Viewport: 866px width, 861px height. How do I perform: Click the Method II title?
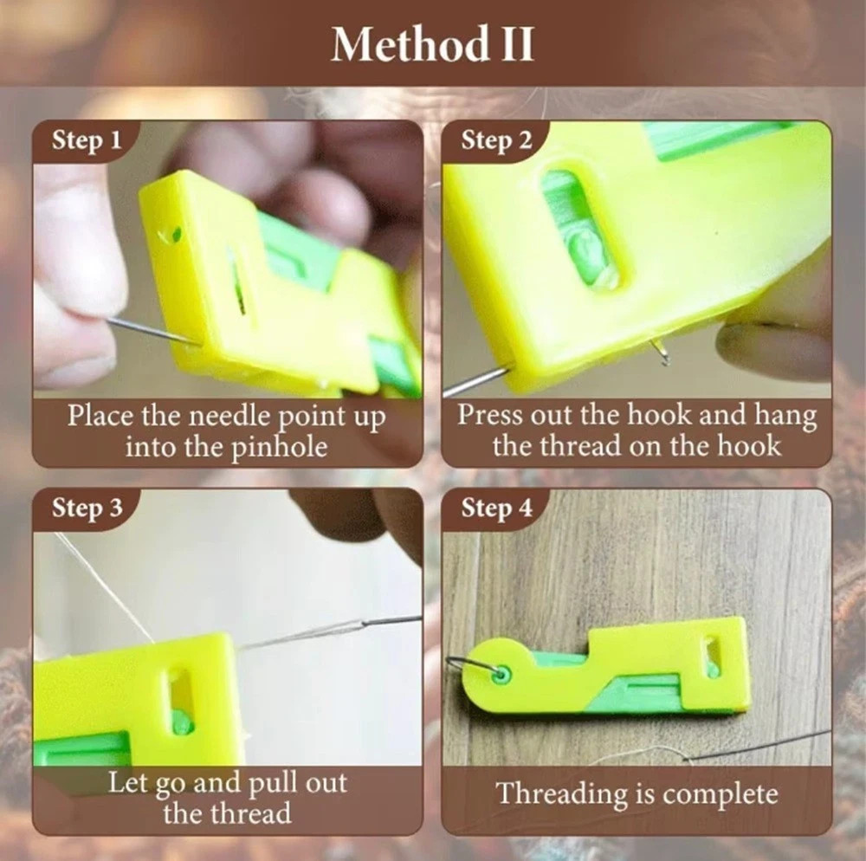[432, 44]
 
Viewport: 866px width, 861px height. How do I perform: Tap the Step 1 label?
[87, 140]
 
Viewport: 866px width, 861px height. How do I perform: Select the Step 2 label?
[496, 140]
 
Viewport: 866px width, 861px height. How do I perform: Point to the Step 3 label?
[87, 508]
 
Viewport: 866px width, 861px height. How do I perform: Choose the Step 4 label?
[496, 508]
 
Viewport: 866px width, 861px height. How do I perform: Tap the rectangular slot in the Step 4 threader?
[712, 656]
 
